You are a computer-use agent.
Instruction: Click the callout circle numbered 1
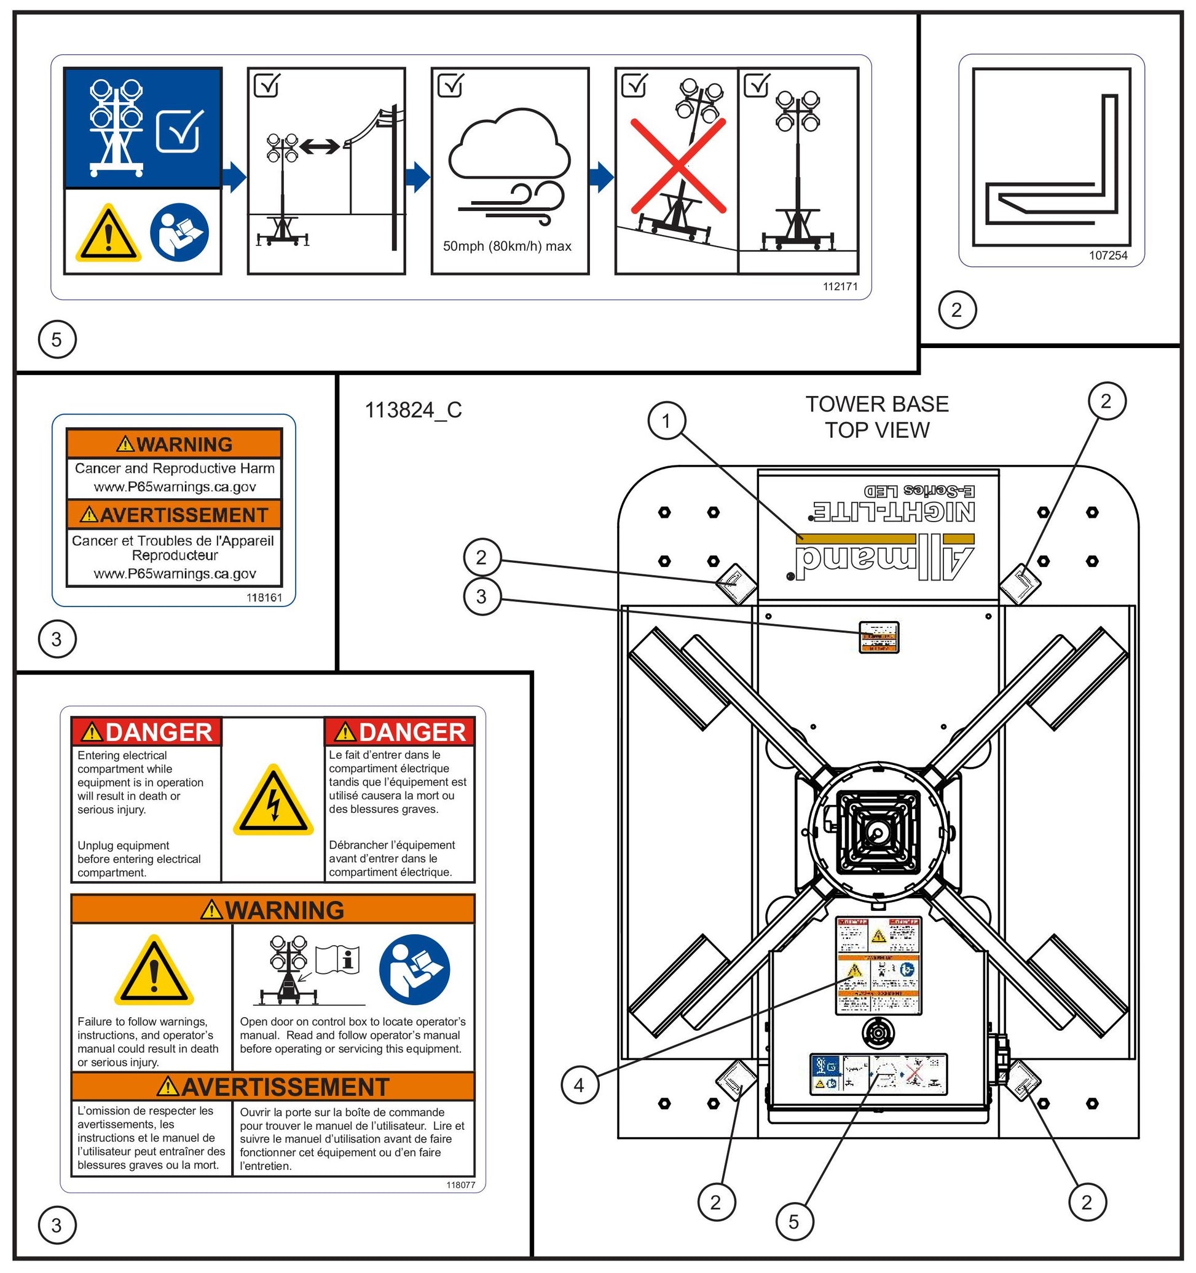pyautogui.click(x=666, y=421)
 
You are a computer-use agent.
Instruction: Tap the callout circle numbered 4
pyautogui.click(x=579, y=1085)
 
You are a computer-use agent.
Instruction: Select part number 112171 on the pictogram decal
pyautogui.click(x=840, y=286)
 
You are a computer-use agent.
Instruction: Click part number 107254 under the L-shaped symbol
pyautogui.click(x=1107, y=255)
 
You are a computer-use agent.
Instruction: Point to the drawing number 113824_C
pyautogui.click(x=413, y=410)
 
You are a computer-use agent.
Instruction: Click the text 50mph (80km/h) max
pyautogui.click(x=507, y=246)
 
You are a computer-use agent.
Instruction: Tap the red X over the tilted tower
pyautogui.click(x=679, y=165)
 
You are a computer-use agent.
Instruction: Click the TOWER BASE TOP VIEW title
pyautogui.click(x=876, y=417)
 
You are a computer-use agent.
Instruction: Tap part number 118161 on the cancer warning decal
pyautogui.click(x=264, y=597)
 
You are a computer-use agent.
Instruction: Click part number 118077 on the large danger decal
pyautogui.click(x=461, y=1184)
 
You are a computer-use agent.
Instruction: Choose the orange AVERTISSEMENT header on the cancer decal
pyautogui.click(x=174, y=515)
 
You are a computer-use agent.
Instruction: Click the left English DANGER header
pyautogui.click(x=146, y=731)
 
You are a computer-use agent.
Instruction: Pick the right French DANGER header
pyautogui.click(x=400, y=731)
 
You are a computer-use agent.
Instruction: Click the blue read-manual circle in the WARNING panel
pyautogui.click(x=414, y=969)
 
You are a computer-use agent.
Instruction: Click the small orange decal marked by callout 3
pyautogui.click(x=878, y=637)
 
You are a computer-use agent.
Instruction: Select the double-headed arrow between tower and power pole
pyautogui.click(x=320, y=146)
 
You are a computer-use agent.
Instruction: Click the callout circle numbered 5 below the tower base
pyautogui.click(x=793, y=1221)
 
